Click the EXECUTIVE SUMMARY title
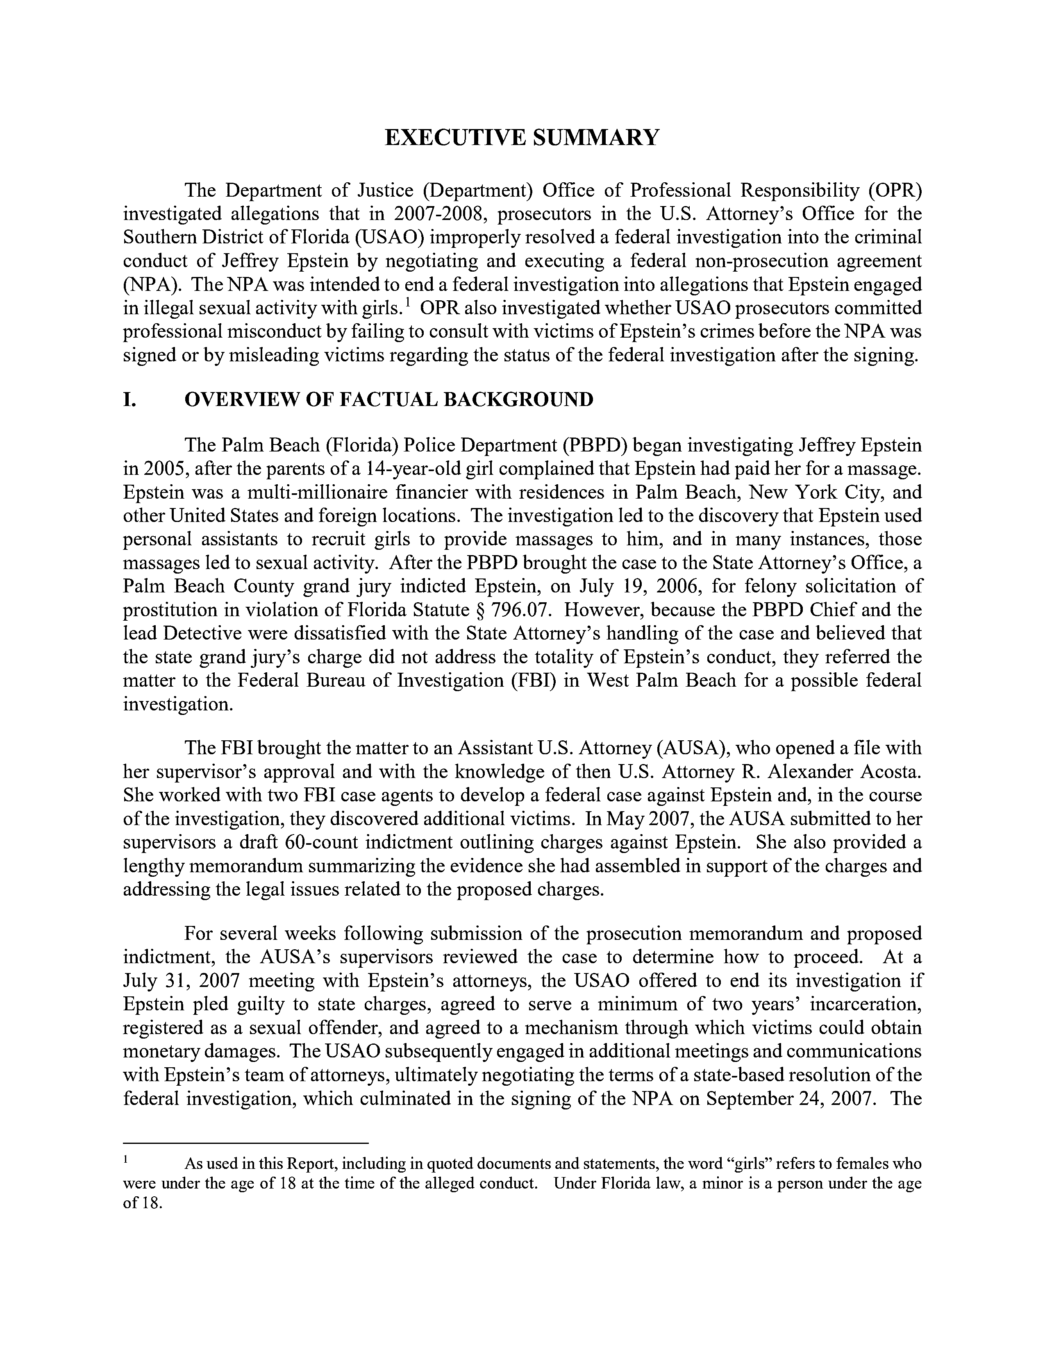coord(522,137)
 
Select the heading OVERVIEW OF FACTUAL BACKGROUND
coord(389,400)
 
